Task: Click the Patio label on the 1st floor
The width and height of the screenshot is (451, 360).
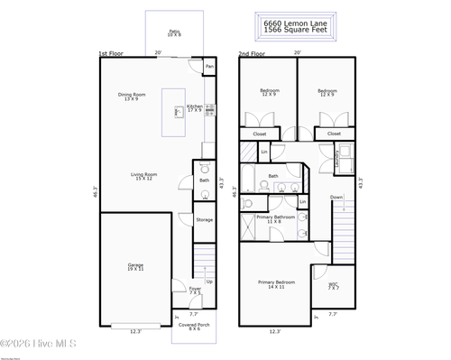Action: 174,32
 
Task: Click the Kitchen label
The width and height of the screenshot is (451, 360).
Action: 195,108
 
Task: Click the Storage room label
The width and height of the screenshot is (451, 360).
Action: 205,219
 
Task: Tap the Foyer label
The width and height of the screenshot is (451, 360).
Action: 195,290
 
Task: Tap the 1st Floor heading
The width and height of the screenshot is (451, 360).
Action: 110,54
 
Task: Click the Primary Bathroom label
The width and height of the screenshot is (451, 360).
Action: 276,218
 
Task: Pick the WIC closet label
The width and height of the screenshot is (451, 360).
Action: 334,287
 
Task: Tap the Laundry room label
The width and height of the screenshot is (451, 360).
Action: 336,160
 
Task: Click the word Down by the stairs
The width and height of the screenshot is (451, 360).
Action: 336,197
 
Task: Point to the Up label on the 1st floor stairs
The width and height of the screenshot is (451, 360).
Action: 209,282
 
